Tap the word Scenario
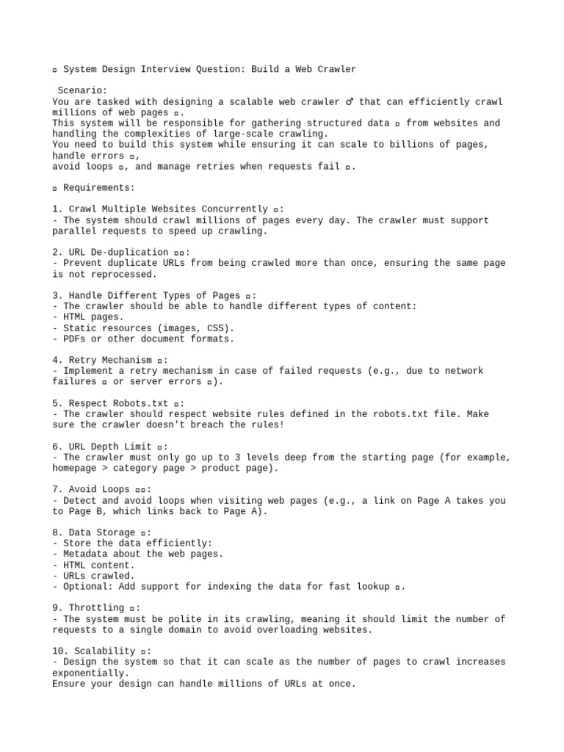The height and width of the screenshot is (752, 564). [82, 90]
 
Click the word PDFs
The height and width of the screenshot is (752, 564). [75, 339]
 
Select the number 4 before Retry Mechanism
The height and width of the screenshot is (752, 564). [56, 360]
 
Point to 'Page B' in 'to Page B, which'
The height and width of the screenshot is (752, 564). [70, 511]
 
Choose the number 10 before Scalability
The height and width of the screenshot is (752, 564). [59, 651]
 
